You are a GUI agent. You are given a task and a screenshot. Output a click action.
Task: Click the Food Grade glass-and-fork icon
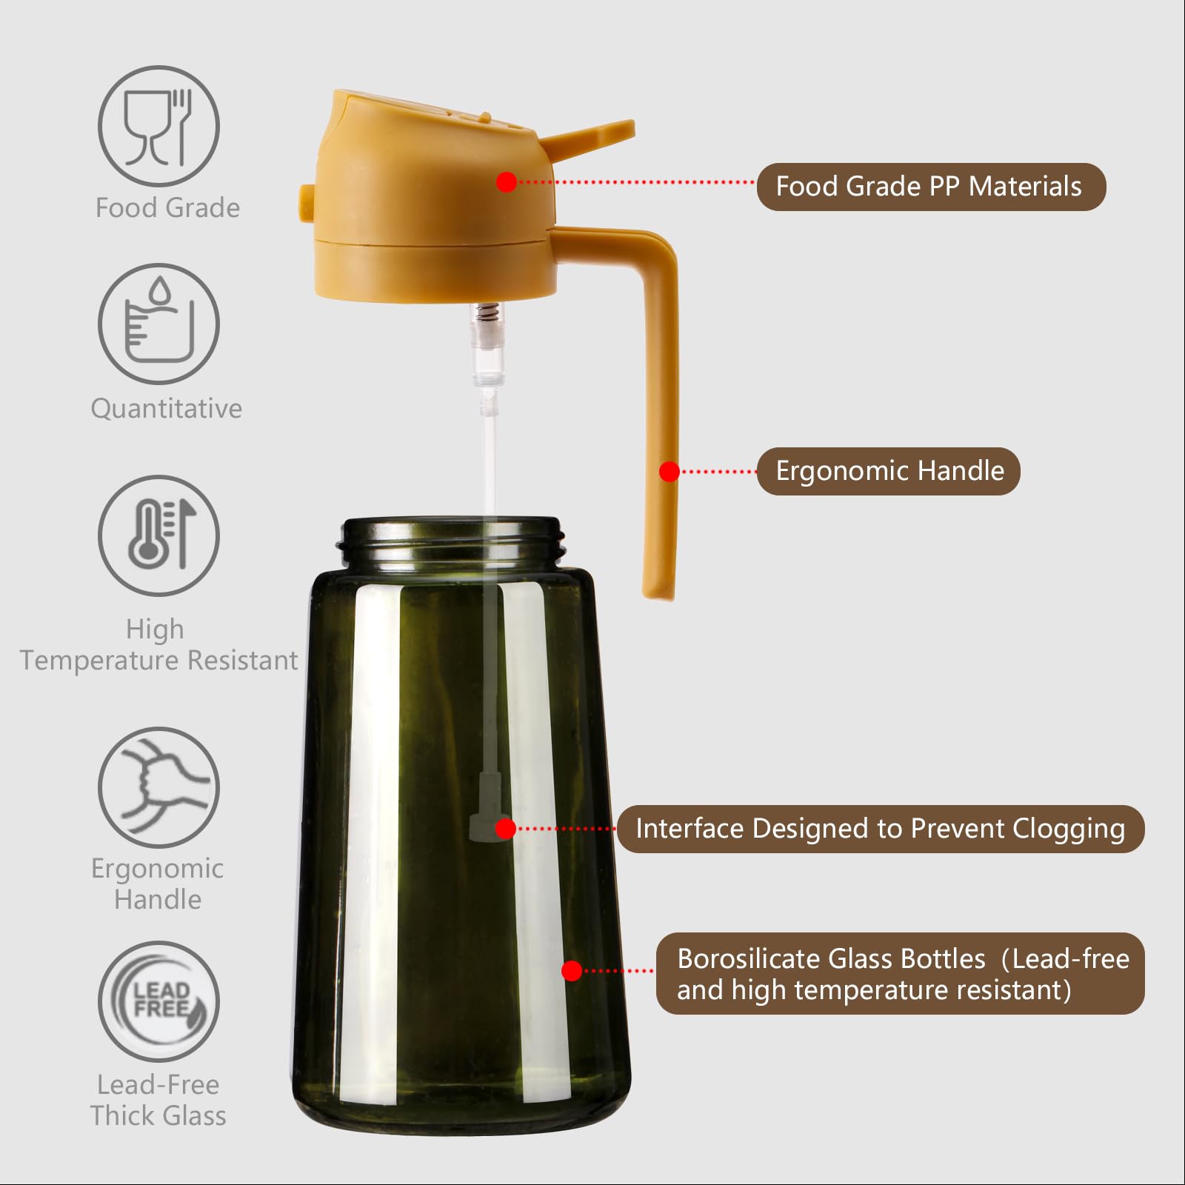(x=158, y=126)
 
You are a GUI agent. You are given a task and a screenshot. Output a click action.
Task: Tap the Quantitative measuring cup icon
(x=158, y=324)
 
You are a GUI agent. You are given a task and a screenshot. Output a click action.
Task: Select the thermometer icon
(x=158, y=535)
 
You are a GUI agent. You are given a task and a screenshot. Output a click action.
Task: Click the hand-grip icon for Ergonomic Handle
(x=158, y=787)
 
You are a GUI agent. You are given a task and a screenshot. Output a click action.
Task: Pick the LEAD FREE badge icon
(x=158, y=1001)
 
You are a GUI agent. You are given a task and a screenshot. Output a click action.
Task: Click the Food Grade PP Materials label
(x=930, y=187)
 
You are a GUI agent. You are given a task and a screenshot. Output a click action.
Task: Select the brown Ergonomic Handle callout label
(x=888, y=471)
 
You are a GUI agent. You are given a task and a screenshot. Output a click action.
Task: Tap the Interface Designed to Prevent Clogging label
(x=880, y=829)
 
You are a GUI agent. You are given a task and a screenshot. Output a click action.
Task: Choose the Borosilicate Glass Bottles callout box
(x=900, y=973)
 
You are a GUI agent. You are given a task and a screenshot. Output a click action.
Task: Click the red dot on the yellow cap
(x=507, y=181)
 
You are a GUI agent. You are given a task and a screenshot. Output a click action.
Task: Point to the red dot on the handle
(x=670, y=472)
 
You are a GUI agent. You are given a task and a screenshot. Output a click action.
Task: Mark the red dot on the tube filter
(x=505, y=828)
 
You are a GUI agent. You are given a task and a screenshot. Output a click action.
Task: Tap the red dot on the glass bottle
(x=572, y=970)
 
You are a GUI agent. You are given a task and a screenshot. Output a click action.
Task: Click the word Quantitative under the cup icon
(x=166, y=408)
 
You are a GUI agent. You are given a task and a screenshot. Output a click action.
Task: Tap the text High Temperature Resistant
(x=158, y=644)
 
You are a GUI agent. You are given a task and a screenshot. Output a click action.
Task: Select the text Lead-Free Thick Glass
(x=158, y=1100)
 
